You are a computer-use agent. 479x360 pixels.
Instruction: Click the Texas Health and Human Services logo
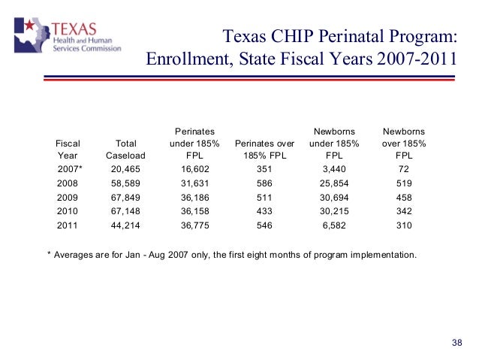[67, 37]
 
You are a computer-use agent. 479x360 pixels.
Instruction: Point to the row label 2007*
[70, 170]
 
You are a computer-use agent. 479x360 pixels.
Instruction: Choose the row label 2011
[68, 224]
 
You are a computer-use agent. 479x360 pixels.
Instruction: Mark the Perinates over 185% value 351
[264, 170]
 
